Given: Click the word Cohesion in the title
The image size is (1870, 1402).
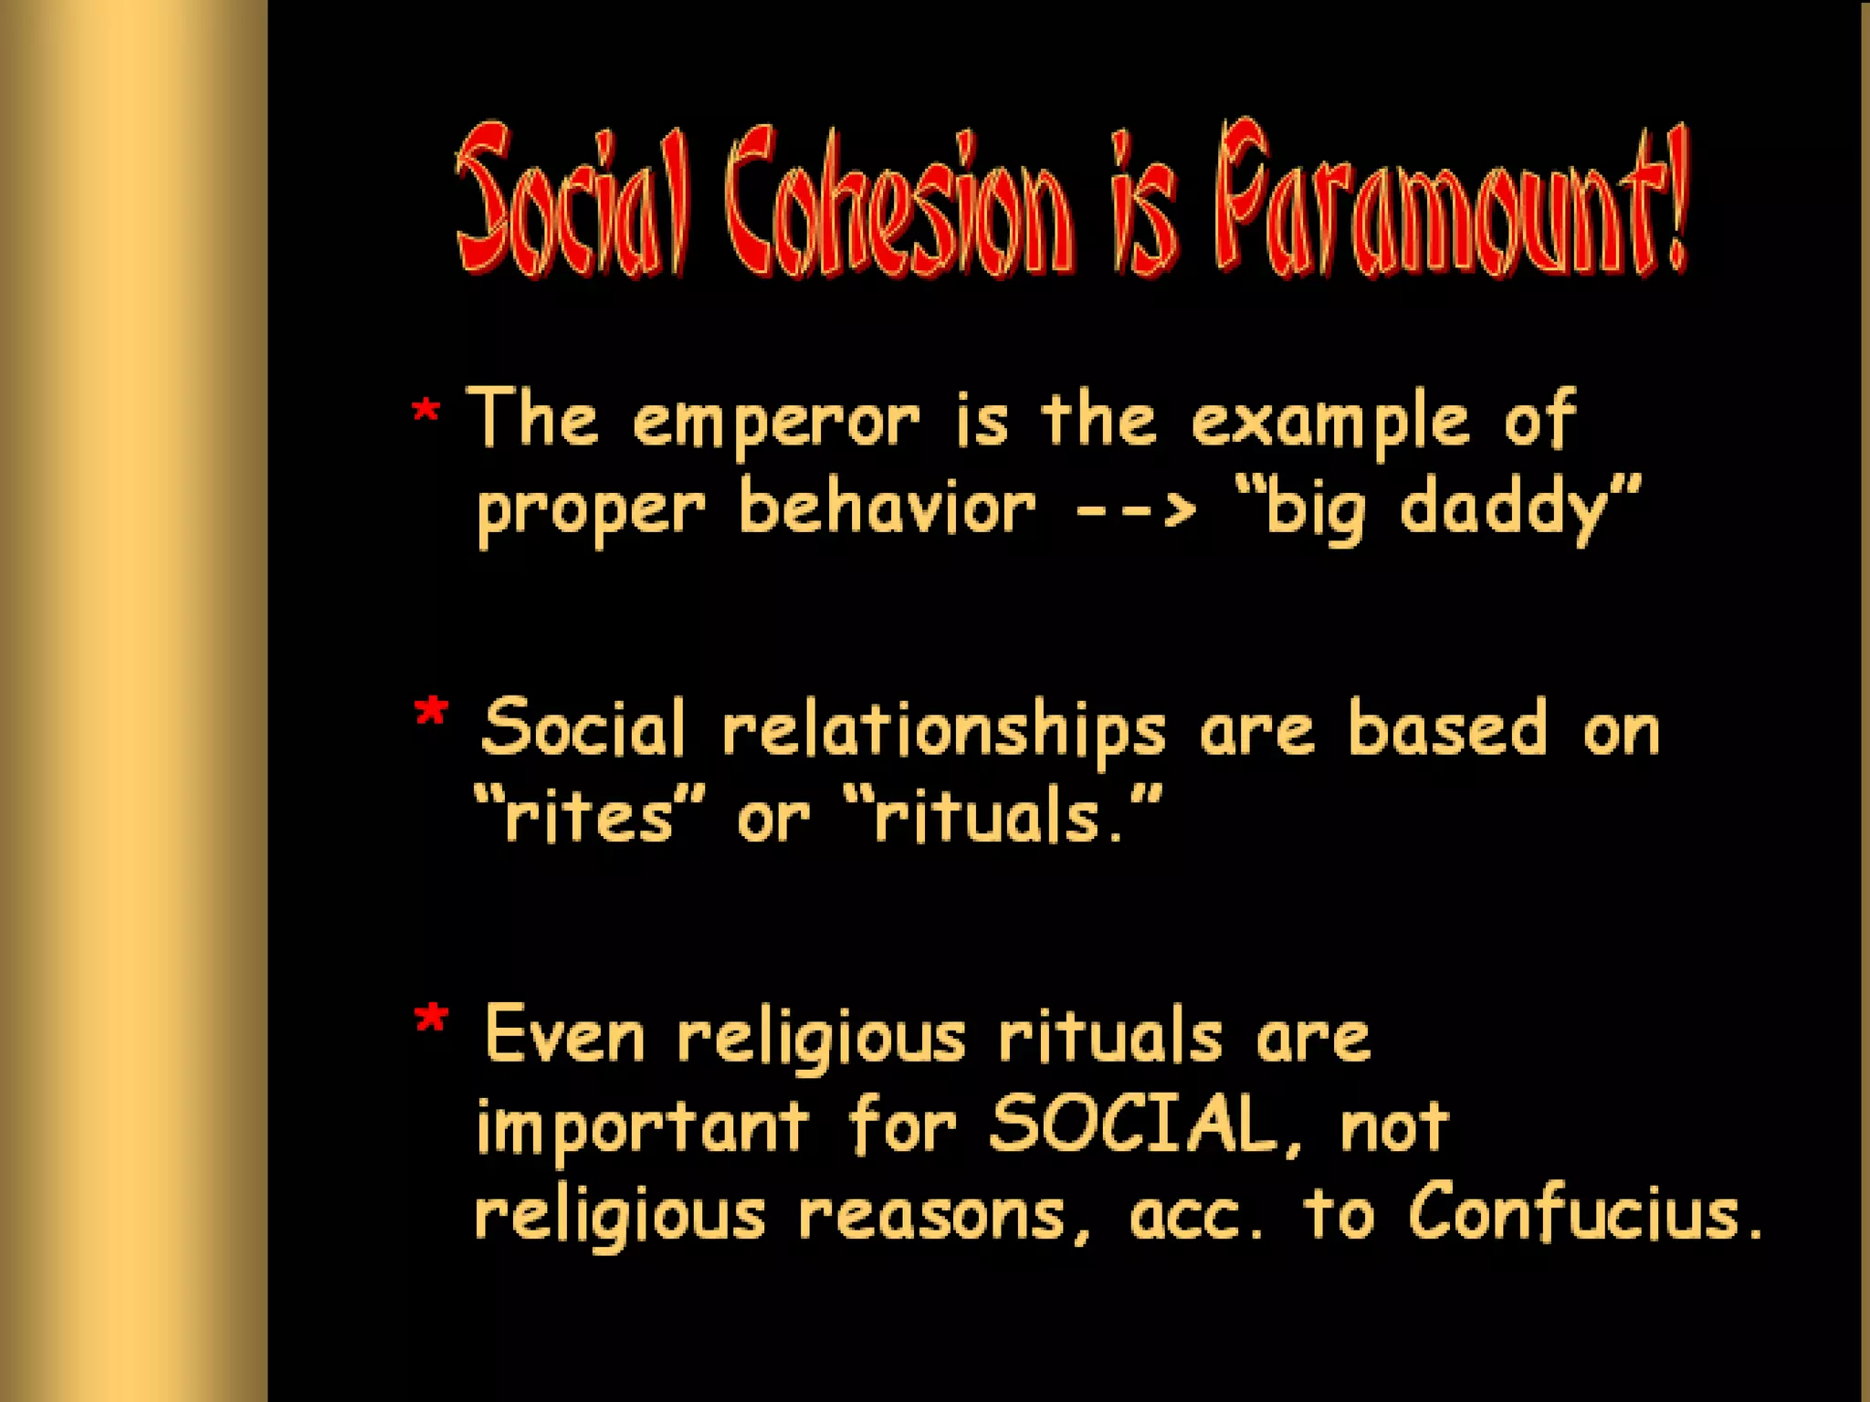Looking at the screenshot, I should [x=899, y=203].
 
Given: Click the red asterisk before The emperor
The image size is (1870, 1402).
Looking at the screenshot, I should [x=425, y=412].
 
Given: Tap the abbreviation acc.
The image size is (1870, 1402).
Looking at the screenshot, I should [x=1196, y=1215].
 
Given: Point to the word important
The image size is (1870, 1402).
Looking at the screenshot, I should [x=642, y=1128].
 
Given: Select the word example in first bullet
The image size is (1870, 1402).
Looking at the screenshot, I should [x=1330, y=423].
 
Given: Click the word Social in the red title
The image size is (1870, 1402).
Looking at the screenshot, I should [x=571, y=203].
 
